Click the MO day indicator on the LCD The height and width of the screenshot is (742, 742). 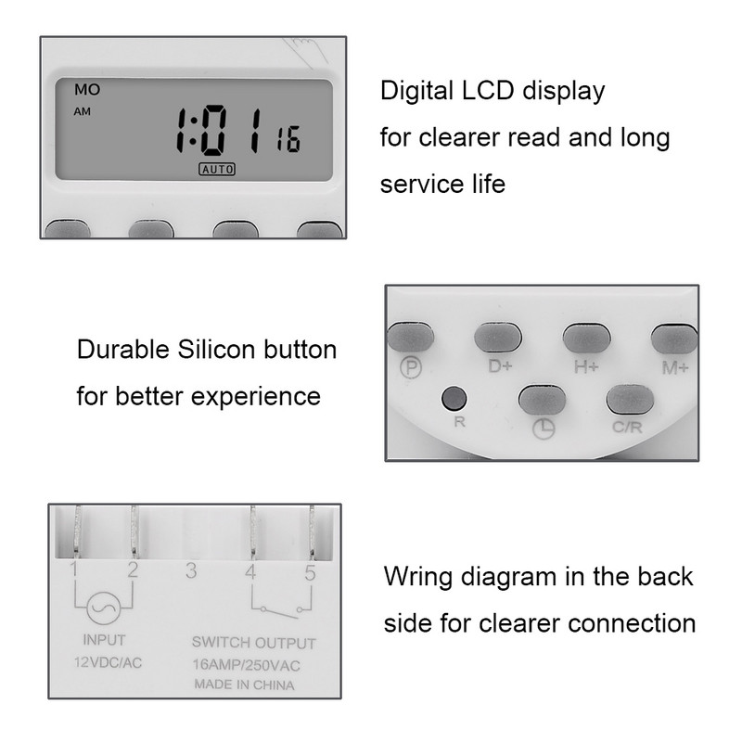pyautogui.click(x=87, y=89)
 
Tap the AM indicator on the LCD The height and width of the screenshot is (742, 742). pyautogui.click(x=82, y=111)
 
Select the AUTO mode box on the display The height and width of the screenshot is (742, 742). pyautogui.click(x=217, y=169)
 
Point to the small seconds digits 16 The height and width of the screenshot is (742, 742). pyautogui.click(x=288, y=139)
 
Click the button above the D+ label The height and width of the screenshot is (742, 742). pyautogui.click(x=498, y=338)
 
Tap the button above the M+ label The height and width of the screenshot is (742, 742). pyautogui.click(x=674, y=339)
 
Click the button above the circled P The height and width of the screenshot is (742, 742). pyautogui.click(x=411, y=337)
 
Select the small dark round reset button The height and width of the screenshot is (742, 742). pyautogui.click(x=454, y=399)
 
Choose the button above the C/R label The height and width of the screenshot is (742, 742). pyautogui.click(x=631, y=400)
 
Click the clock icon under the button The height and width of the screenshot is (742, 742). pyautogui.click(x=544, y=429)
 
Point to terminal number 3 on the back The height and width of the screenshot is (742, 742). pyautogui.click(x=191, y=570)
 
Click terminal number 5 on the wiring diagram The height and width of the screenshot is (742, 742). pyautogui.click(x=310, y=573)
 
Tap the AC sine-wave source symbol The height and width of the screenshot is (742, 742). pyautogui.click(x=104, y=608)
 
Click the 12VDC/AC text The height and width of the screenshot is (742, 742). pyautogui.click(x=108, y=662)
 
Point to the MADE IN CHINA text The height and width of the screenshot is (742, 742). pyautogui.click(x=244, y=684)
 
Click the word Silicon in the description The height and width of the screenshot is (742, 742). pyautogui.click(x=216, y=350)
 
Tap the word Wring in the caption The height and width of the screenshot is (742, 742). pyautogui.click(x=418, y=578)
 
